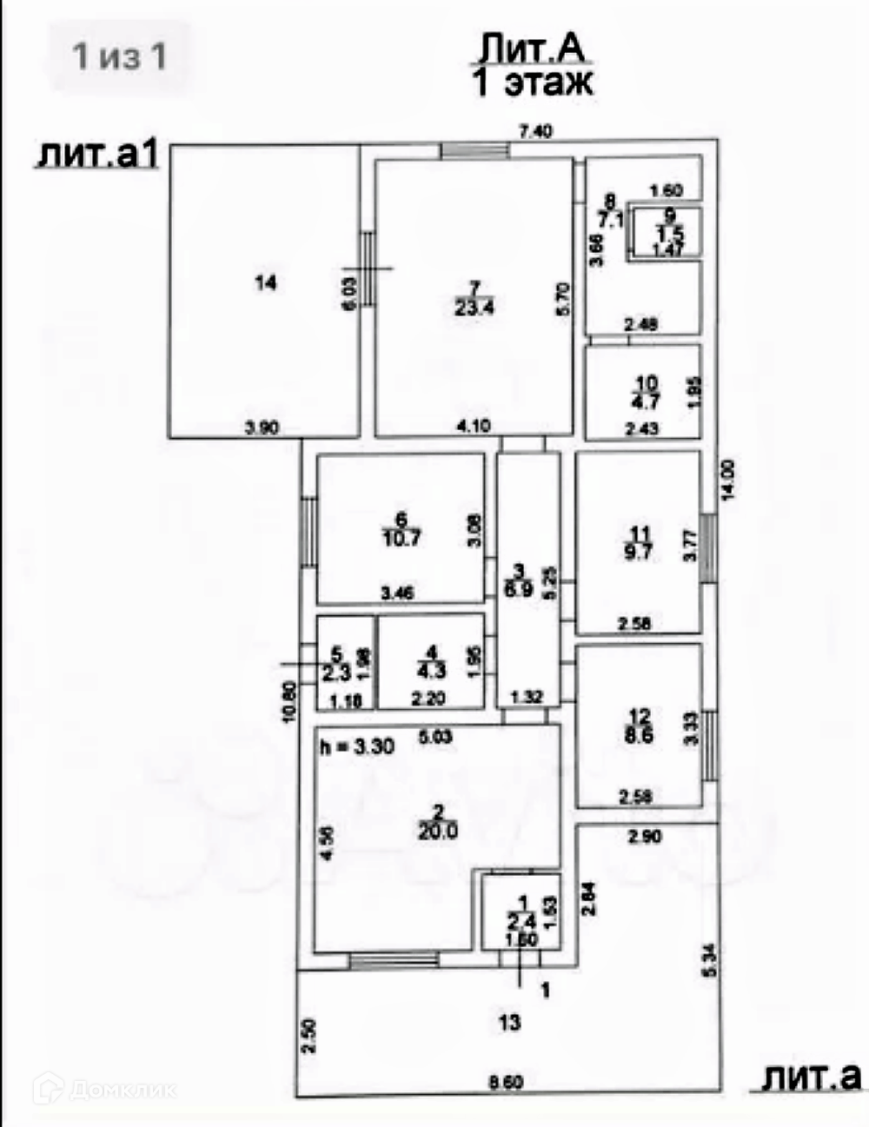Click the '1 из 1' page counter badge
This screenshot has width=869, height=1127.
[x=119, y=56]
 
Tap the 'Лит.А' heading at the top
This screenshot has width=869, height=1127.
[x=533, y=50]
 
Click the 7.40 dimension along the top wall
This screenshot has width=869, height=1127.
[x=535, y=132]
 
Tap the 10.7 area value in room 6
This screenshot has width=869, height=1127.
[x=401, y=538]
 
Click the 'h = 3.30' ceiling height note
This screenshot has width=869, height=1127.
[x=356, y=747]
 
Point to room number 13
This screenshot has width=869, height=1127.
[x=509, y=1023]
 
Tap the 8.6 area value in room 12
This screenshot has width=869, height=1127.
[x=639, y=735]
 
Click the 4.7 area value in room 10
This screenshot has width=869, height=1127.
[x=647, y=401]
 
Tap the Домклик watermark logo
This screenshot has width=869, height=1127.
[x=104, y=1088]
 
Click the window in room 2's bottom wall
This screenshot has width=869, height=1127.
[x=394, y=960]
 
